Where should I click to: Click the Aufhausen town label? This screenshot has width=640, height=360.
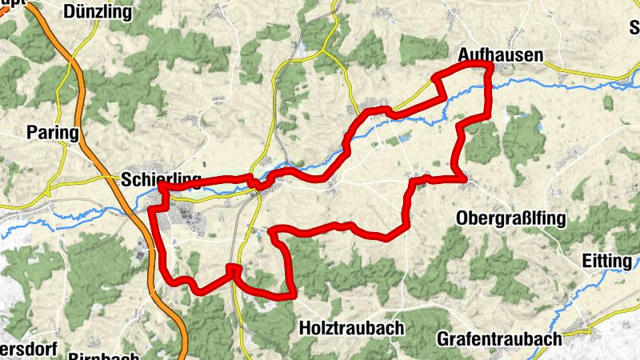pos(500,55)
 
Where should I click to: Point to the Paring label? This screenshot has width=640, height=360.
pos(53,132)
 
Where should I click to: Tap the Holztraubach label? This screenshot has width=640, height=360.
pos(351,328)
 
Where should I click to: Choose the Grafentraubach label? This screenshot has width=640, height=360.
pos(499,338)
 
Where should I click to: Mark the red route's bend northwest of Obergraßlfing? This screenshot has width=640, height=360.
pos(414,182)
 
